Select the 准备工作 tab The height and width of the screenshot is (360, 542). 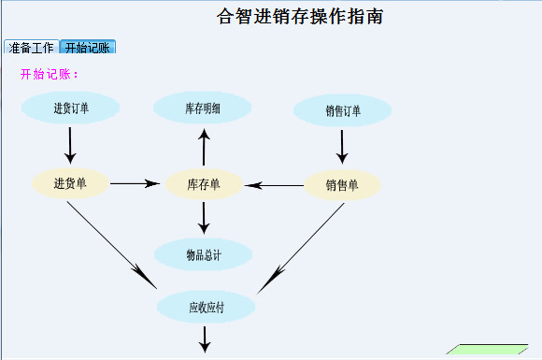(x=31, y=48)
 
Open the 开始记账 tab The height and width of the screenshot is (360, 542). (x=87, y=48)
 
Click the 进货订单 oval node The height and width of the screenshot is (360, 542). (x=71, y=108)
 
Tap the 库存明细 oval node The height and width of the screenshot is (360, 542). (x=203, y=108)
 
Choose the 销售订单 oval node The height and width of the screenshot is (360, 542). (x=342, y=111)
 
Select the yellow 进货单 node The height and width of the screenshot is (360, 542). (x=70, y=182)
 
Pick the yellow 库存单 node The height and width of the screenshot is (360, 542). (x=203, y=183)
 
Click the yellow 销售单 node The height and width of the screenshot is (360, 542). (x=342, y=184)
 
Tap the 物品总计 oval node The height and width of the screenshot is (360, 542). (x=203, y=254)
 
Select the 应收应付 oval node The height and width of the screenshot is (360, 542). (x=206, y=306)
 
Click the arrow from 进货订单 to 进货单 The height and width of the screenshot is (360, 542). (x=71, y=145)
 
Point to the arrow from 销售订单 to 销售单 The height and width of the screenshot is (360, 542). (x=342, y=146)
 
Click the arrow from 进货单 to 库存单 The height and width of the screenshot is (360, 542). (x=135, y=183)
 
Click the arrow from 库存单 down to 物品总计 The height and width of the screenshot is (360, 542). (x=204, y=218)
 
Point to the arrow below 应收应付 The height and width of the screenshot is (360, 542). (x=205, y=338)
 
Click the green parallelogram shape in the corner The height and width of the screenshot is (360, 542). (x=482, y=351)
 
